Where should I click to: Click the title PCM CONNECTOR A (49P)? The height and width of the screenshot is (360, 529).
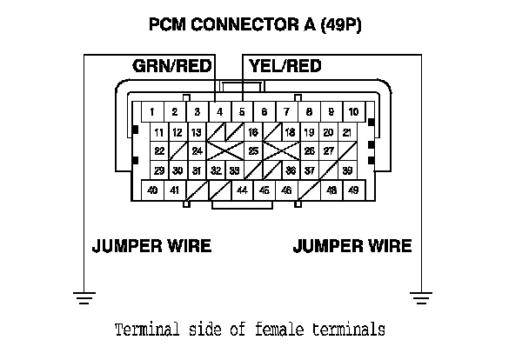[256, 25]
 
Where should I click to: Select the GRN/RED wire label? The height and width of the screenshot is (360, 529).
[171, 66]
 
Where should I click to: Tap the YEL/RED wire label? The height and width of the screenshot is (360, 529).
[285, 66]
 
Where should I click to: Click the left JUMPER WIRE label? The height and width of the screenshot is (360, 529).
[151, 245]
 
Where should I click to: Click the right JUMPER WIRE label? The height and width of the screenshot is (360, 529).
[352, 245]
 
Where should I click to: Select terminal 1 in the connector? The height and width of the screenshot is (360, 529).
[152, 112]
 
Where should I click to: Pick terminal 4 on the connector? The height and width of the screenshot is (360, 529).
[220, 112]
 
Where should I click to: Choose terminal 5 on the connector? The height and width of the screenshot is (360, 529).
[242, 112]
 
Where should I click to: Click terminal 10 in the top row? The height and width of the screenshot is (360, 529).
[353, 112]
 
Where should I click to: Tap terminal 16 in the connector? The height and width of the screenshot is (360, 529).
[253, 132]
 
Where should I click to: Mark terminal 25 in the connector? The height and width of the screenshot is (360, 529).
[253, 151]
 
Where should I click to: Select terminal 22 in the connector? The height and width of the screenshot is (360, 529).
[159, 151]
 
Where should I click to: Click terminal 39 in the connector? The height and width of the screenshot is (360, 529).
[347, 170]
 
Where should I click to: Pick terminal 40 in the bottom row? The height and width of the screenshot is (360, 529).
[153, 190]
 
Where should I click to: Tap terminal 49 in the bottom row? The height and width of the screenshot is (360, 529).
[353, 190]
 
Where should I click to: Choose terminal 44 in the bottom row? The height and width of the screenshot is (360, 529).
[242, 190]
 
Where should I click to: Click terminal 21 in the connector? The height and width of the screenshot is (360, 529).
[347, 132]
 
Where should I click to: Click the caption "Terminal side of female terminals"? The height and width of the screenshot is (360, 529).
[250, 330]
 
